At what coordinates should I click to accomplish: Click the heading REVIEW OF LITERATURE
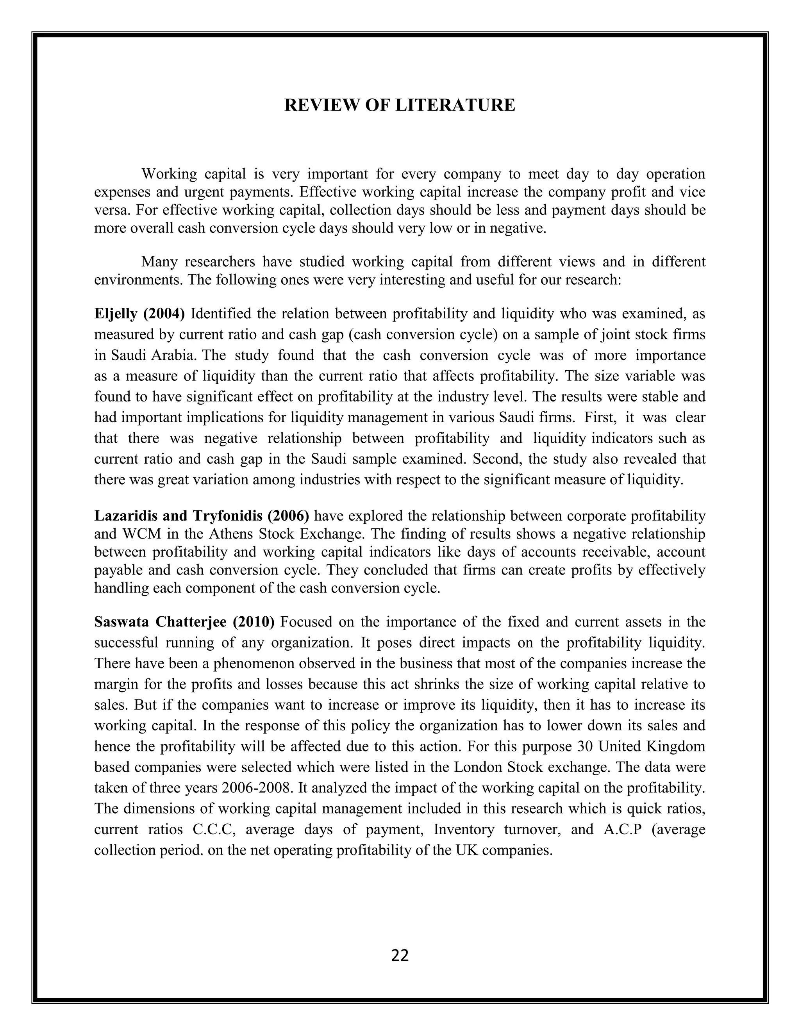click(x=400, y=105)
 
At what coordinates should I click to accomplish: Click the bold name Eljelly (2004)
click(x=139, y=314)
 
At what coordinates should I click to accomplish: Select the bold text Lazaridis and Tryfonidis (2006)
click(x=202, y=515)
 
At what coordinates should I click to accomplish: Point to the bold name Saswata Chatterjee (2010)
click(x=184, y=622)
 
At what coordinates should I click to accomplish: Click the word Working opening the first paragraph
click(x=169, y=175)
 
